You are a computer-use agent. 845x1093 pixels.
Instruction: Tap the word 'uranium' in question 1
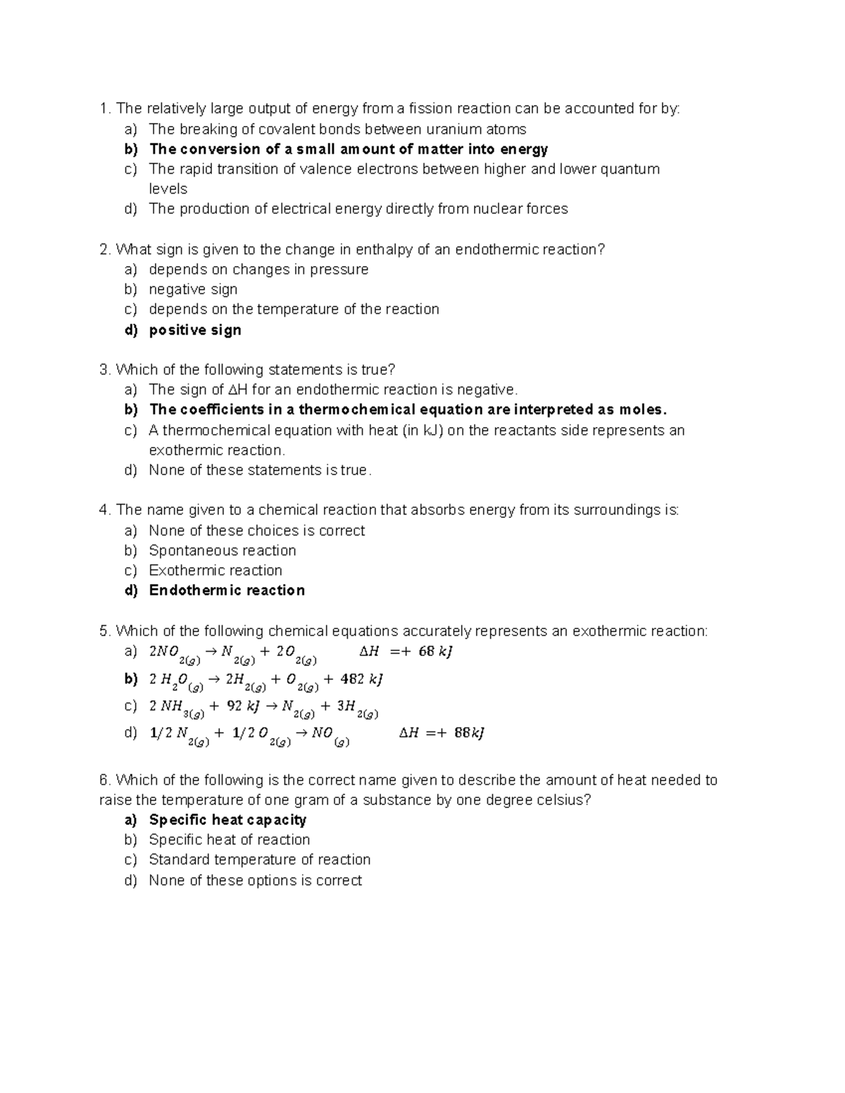[452, 129]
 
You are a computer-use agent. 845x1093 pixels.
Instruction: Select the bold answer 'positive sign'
[195, 330]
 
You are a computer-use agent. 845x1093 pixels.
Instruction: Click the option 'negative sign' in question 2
[193, 289]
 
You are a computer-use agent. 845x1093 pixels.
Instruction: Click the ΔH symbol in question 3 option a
[237, 390]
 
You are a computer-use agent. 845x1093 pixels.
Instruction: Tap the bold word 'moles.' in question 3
[642, 410]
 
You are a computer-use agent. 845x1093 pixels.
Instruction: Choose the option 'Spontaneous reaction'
[223, 550]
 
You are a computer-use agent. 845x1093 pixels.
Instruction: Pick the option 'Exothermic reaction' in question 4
[215, 570]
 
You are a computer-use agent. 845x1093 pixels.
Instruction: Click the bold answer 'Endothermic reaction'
[227, 590]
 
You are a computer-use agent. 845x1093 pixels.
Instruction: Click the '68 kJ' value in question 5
[435, 652]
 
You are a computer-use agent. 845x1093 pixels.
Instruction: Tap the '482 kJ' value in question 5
[361, 679]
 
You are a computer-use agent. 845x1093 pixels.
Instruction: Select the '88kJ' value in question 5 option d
[469, 733]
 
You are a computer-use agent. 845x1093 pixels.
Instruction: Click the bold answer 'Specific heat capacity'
[227, 820]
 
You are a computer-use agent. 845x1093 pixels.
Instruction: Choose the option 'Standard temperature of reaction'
[260, 859]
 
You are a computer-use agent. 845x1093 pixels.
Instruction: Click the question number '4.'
[106, 510]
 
